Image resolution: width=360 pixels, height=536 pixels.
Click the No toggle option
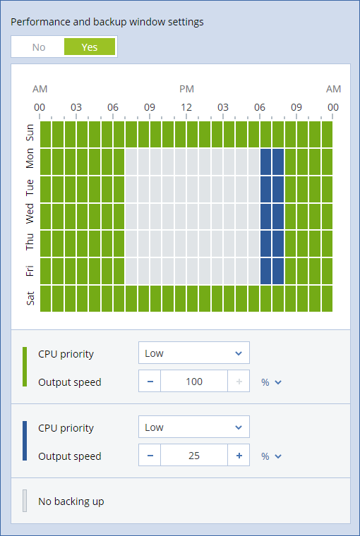[38, 47]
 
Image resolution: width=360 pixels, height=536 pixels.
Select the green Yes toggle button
[89, 47]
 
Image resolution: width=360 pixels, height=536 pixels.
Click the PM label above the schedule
[186, 89]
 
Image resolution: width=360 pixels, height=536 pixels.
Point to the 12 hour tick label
[186, 107]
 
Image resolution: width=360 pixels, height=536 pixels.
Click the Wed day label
[30, 214]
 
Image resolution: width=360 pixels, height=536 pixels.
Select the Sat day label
[30, 298]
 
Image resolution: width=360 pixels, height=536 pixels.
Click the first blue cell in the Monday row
[266, 162]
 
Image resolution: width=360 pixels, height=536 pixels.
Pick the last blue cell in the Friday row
[278, 271]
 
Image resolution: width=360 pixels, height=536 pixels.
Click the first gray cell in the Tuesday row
[131, 189]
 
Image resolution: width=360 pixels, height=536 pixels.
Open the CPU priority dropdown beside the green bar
[193, 353]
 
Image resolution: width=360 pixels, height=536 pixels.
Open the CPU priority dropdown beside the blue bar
[193, 427]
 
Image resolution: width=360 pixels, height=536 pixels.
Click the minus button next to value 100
[150, 382]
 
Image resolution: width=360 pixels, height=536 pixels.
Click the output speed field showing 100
[194, 382]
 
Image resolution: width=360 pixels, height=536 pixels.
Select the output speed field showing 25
[194, 456]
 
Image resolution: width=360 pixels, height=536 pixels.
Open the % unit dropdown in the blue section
[271, 456]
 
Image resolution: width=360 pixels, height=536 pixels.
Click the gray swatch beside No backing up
[25, 501]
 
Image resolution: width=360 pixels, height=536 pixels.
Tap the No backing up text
[71, 501]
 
